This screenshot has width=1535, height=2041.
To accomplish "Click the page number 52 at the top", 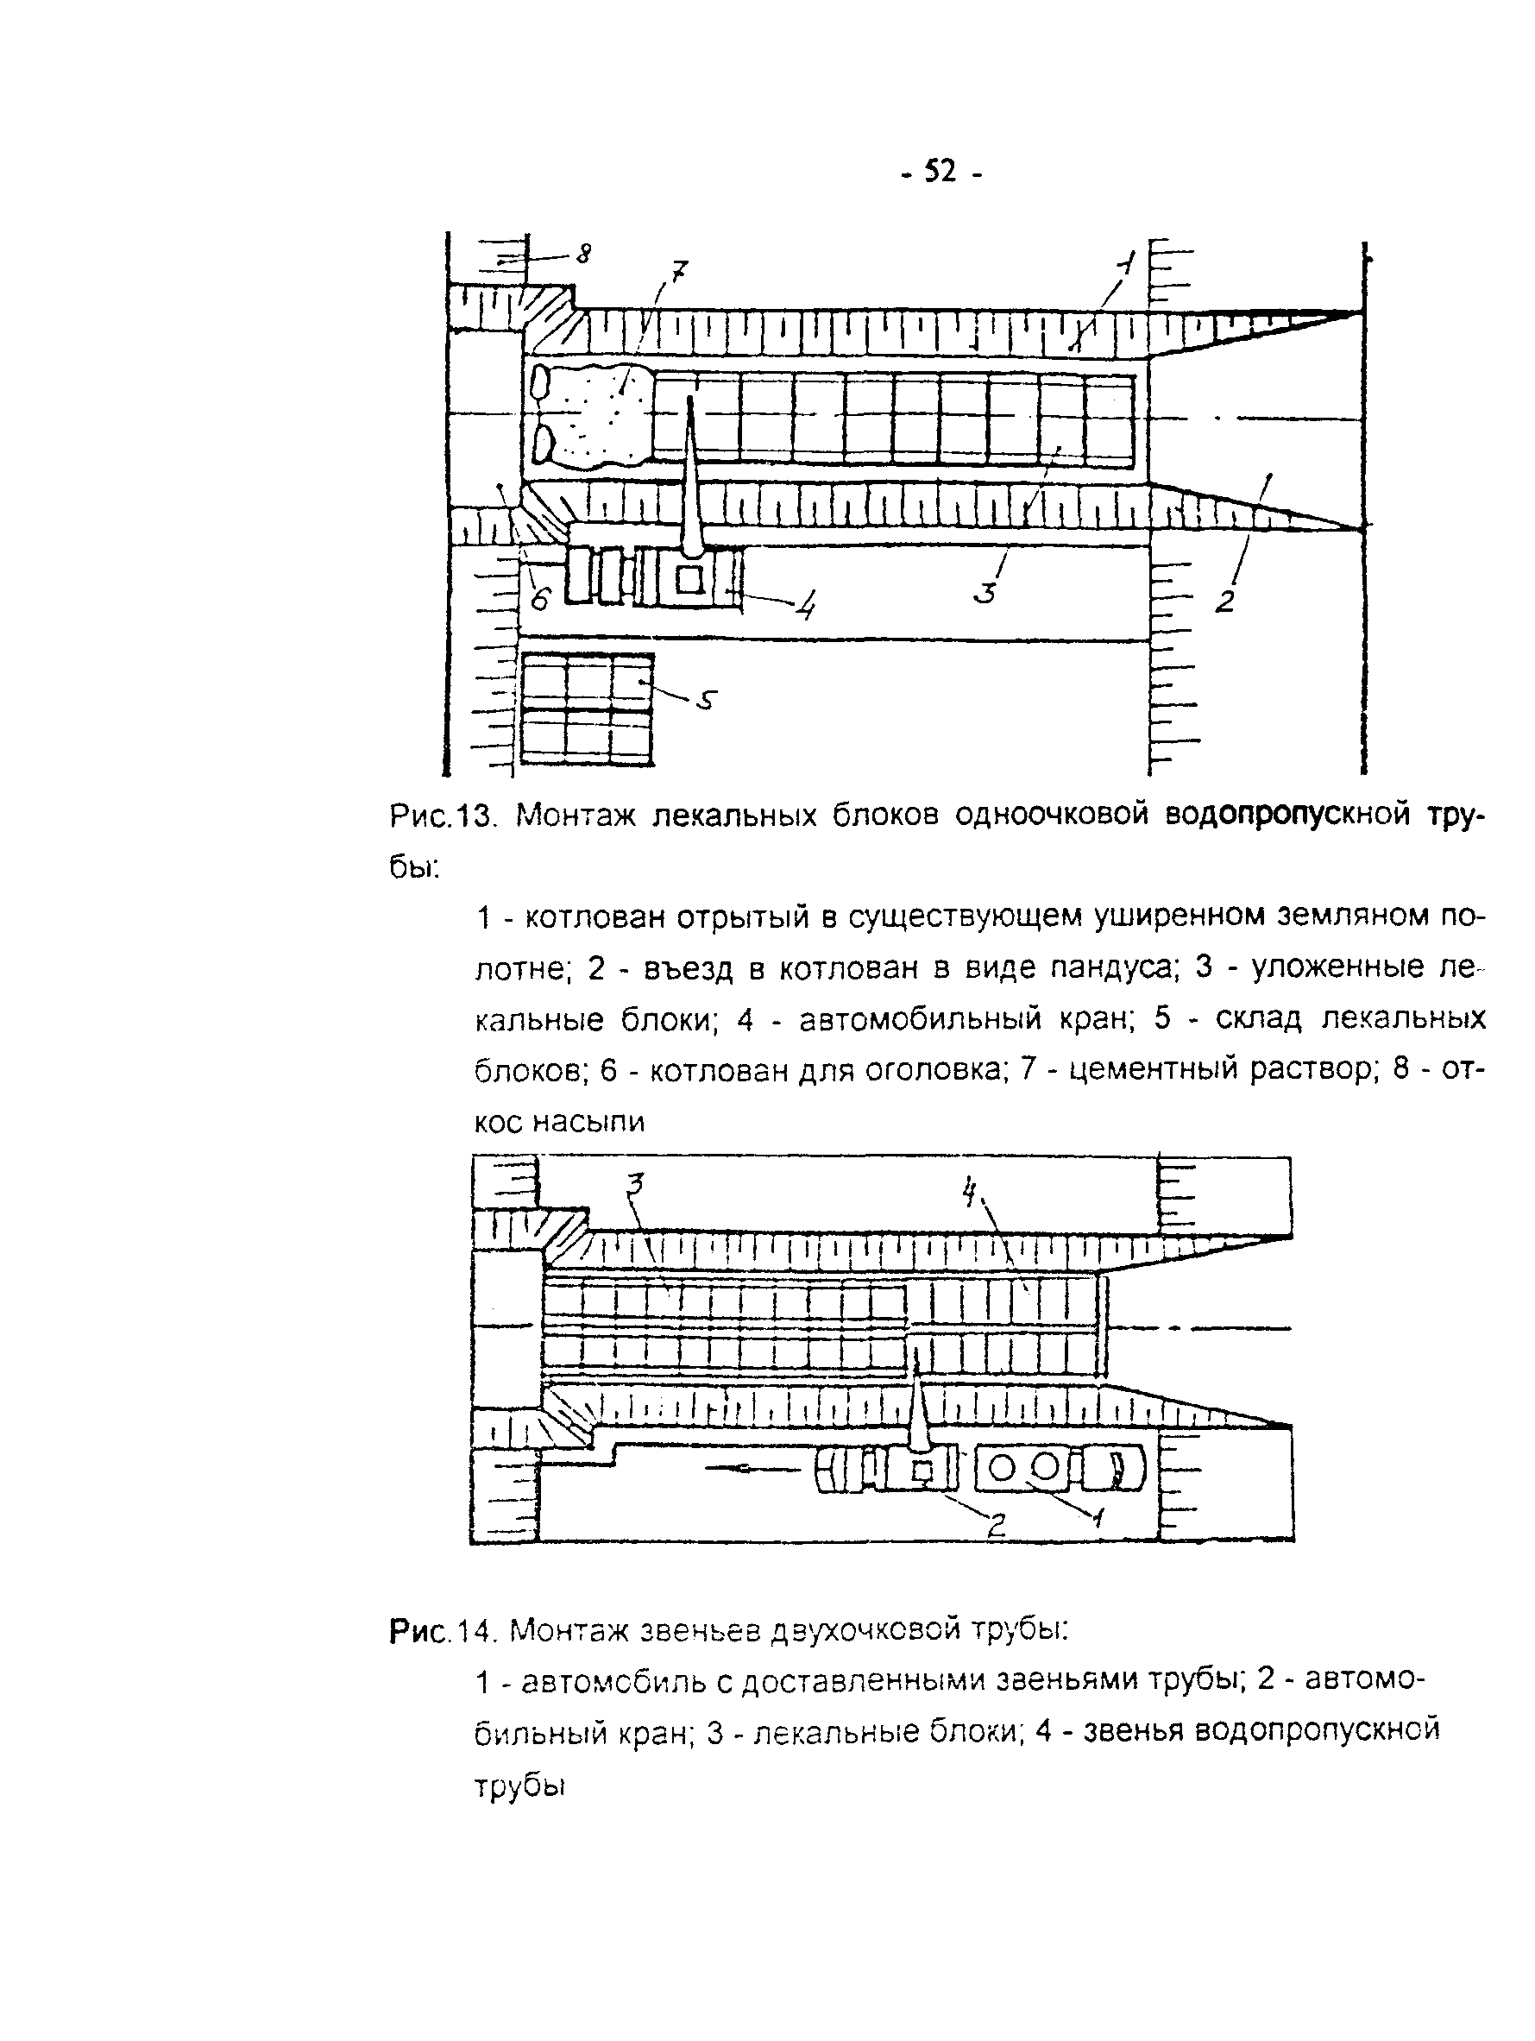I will (940, 172).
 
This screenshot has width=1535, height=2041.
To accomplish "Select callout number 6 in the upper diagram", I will (539, 599).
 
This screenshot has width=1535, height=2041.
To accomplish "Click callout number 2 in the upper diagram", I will (1224, 602).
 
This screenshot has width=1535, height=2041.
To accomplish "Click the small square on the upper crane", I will (690, 579).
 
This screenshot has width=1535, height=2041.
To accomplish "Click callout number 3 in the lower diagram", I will (636, 1183).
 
